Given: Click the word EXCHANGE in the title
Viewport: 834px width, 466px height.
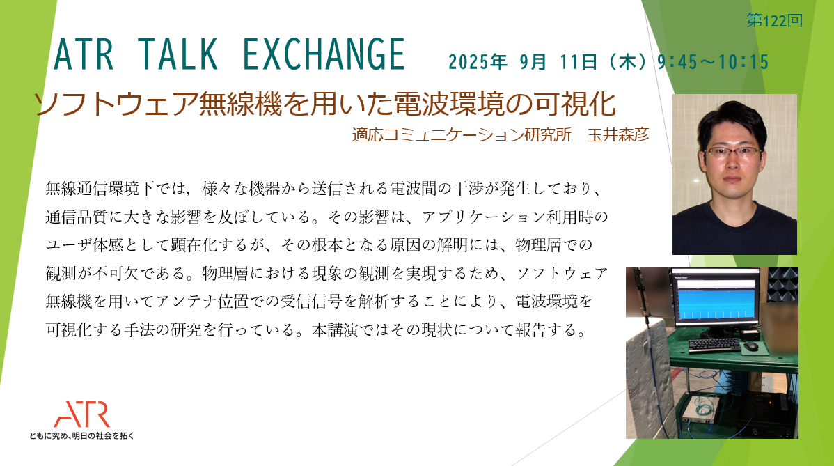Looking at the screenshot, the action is (x=324, y=55).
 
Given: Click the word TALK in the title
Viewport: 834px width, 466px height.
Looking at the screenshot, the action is (x=178, y=55).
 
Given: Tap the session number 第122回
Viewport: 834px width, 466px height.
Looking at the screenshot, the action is (x=774, y=21).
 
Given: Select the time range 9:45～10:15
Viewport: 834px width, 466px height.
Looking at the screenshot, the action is (x=713, y=62).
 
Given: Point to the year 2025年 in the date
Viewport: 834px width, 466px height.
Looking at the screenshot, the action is (x=478, y=62).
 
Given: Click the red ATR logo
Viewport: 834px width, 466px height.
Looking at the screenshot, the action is (x=82, y=414).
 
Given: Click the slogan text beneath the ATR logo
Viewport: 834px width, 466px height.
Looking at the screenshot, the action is (x=82, y=435).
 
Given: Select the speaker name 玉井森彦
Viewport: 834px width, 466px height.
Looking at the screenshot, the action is (x=619, y=134).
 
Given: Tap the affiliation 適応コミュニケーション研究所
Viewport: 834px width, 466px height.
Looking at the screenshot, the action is (x=461, y=134).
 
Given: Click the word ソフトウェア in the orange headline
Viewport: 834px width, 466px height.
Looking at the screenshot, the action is (x=116, y=104).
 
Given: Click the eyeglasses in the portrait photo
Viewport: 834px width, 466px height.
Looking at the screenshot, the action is (x=732, y=152).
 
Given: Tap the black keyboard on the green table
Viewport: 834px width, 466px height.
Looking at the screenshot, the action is (x=714, y=345).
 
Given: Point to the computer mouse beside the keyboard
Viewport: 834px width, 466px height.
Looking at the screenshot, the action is (x=750, y=346).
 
